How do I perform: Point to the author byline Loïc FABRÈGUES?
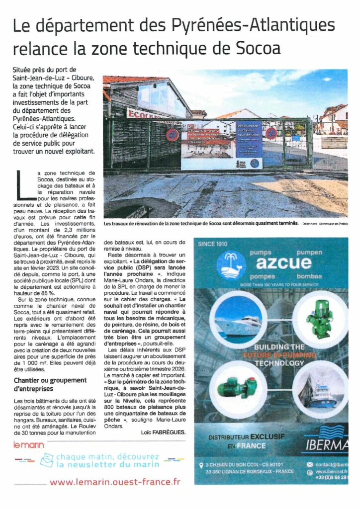tap(163, 432)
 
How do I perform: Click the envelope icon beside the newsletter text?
tap(47, 460)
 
